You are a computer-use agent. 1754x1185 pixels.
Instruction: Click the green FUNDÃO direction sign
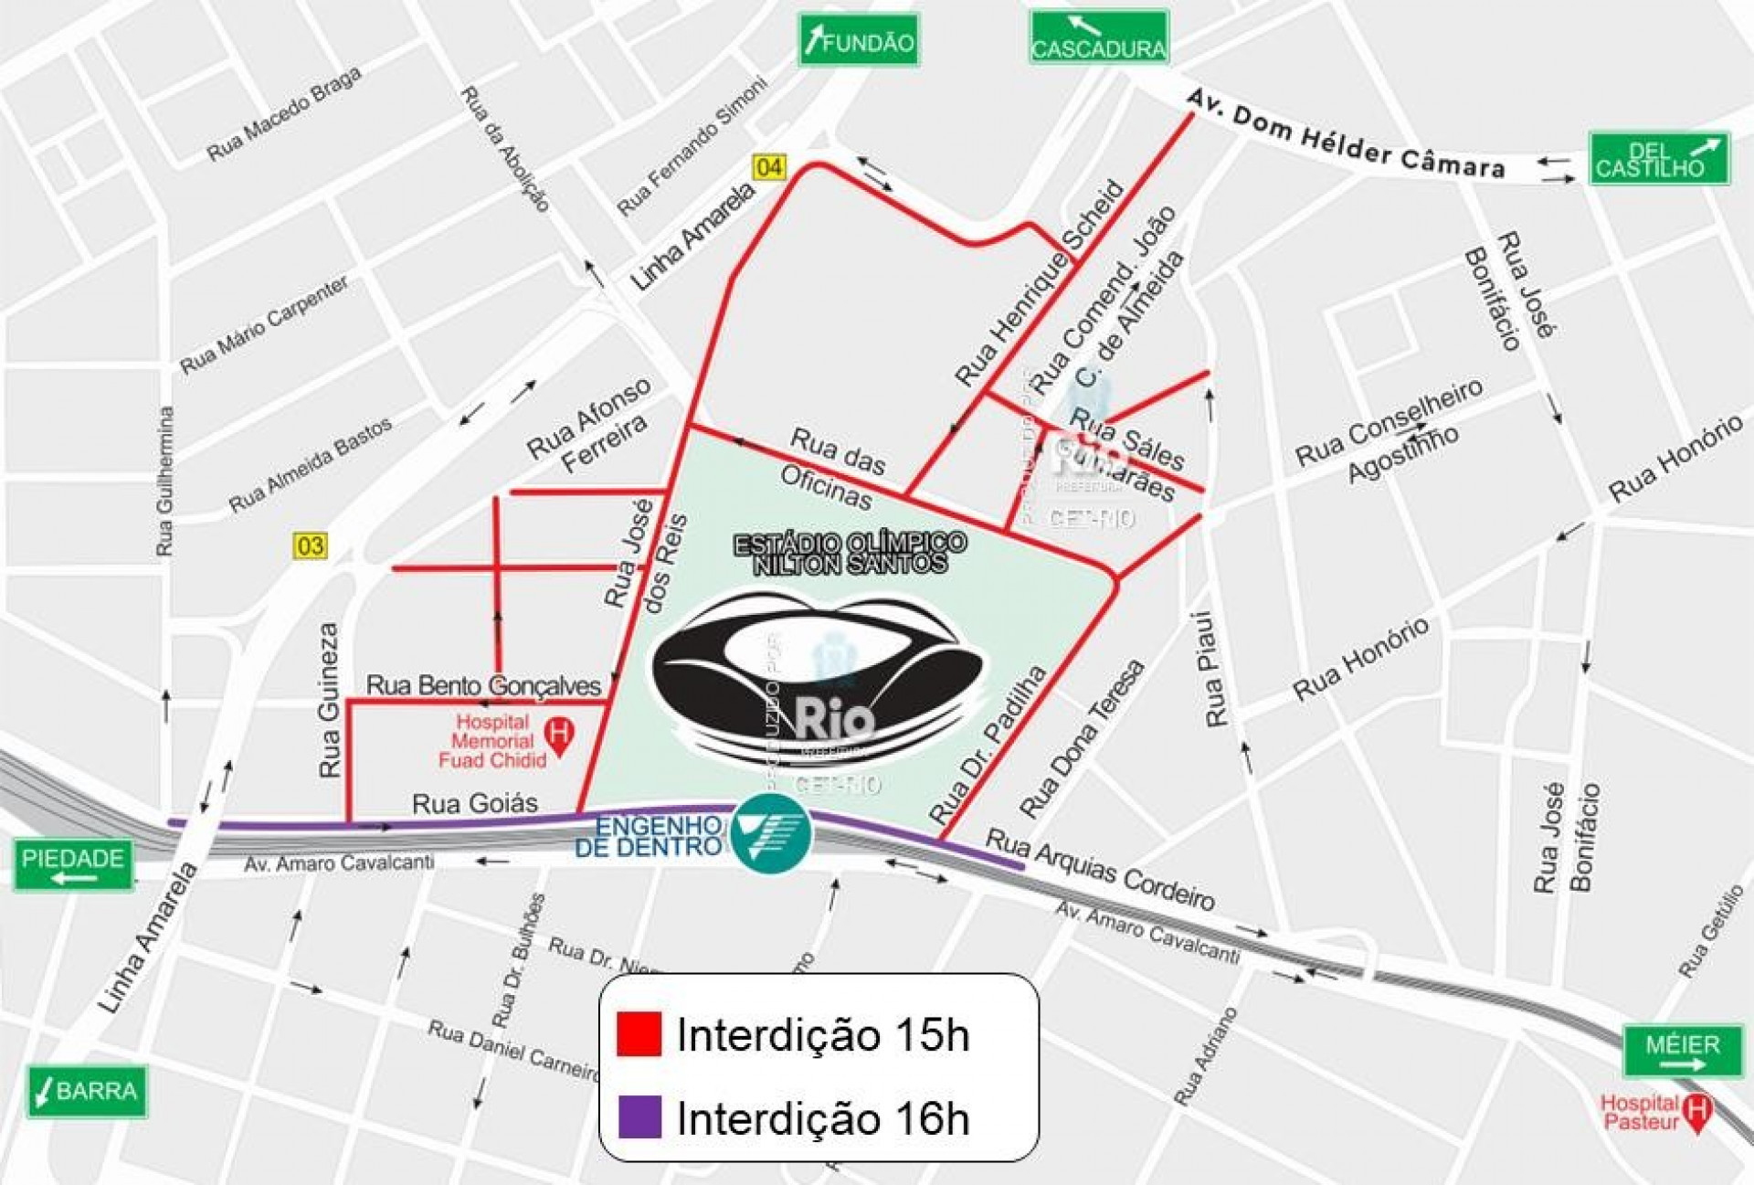click(859, 40)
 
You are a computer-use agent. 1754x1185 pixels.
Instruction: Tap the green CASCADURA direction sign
click(1099, 37)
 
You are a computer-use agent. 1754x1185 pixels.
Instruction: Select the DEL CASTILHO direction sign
click(1659, 159)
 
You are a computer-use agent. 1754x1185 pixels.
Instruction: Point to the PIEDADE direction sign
click(73, 864)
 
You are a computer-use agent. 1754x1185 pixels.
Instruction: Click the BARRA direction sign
click(87, 1091)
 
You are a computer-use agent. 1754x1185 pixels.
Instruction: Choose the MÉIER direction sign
click(1683, 1051)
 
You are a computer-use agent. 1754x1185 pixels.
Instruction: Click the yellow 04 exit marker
click(768, 166)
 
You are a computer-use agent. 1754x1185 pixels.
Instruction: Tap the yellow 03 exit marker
click(310, 545)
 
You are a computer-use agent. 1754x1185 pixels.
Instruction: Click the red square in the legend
click(639, 1033)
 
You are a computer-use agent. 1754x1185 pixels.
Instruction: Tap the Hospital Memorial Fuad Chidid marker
click(558, 735)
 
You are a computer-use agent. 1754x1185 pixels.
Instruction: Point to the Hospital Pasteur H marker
click(1696, 1113)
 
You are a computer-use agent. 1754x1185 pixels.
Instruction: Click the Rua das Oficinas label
click(833, 467)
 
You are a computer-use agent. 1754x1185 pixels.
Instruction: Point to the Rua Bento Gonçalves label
click(483, 685)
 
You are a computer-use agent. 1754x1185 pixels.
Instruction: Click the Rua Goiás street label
click(475, 803)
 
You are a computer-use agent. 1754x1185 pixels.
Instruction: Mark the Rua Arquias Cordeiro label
click(1100, 869)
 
